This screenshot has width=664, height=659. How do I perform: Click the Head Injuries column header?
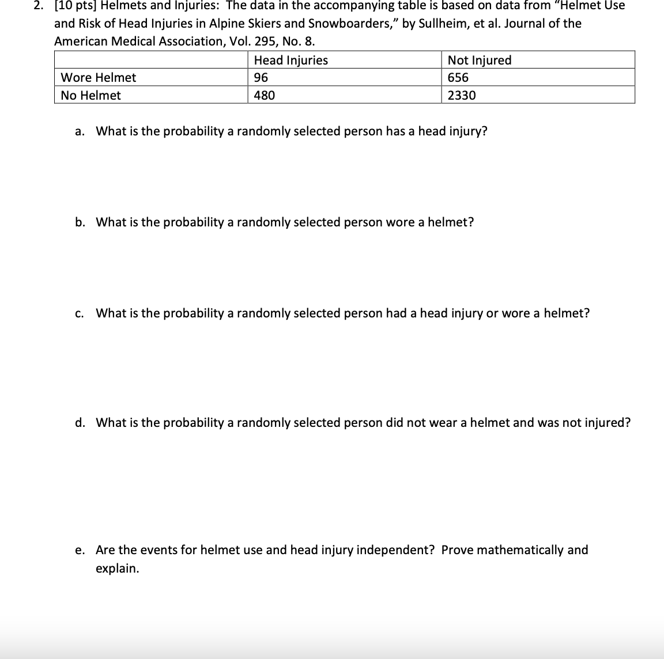[x=290, y=60]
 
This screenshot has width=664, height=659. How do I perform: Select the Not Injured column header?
[x=479, y=60]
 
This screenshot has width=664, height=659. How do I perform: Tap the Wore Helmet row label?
[x=99, y=78]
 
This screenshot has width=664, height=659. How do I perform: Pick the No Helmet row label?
[x=91, y=96]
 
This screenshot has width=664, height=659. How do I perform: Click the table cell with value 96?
[x=261, y=78]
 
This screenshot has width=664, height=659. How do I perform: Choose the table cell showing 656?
[x=458, y=78]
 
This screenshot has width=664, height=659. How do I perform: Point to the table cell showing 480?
[x=265, y=96]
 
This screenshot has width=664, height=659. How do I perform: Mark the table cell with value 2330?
[x=462, y=96]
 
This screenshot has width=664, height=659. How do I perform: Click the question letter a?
[x=79, y=131]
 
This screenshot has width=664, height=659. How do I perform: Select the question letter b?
[x=80, y=222]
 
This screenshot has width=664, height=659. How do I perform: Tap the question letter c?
[x=79, y=313]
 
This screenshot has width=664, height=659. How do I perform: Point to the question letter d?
[x=80, y=423]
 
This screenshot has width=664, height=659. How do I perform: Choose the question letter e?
[x=79, y=550]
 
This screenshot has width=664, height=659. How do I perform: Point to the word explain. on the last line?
[x=118, y=569]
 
